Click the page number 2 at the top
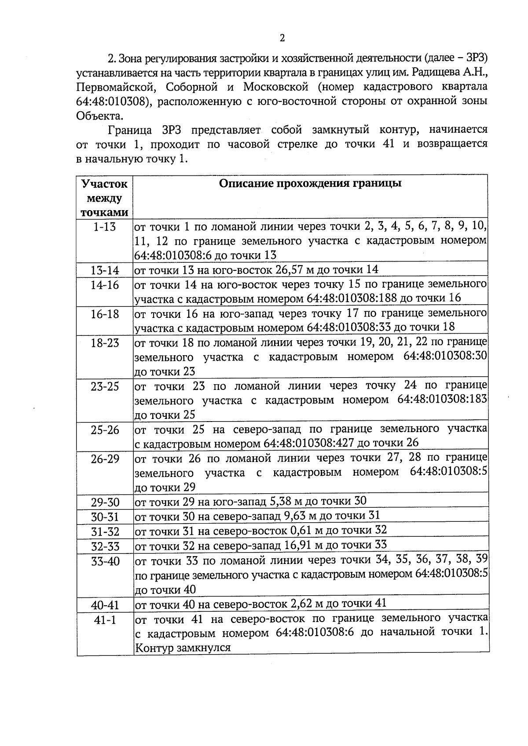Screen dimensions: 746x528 click(282, 38)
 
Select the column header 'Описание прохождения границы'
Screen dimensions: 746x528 click(310, 184)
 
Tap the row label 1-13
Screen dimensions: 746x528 click(105, 227)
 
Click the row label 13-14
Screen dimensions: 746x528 click(105, 270)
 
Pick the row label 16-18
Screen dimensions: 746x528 click(105, 314)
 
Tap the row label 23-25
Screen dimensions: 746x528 click(105, 386)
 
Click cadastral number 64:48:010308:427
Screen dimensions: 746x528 click(310, 443)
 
